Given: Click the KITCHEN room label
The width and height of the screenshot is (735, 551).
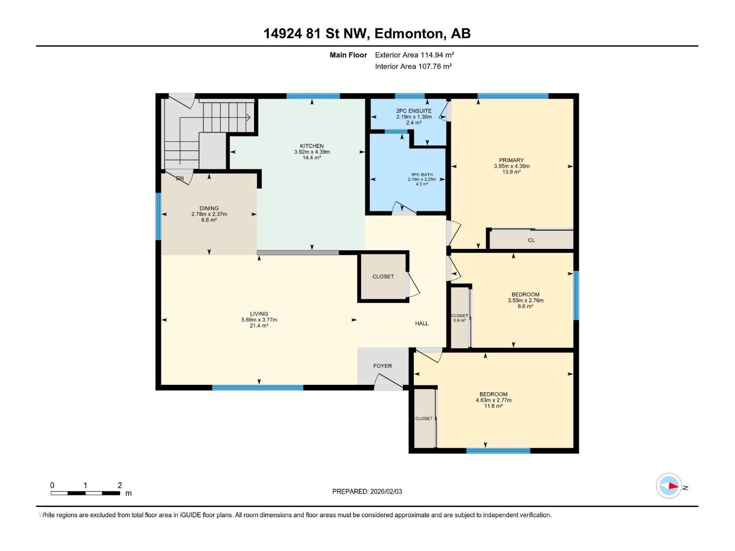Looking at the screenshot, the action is tap(312, 146).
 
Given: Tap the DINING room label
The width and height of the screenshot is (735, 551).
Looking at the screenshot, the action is tap(209, 208).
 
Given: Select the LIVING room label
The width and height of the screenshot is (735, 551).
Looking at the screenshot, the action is tap(259, 314).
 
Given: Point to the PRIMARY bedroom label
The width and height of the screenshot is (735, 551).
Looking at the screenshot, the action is tap(511, 160).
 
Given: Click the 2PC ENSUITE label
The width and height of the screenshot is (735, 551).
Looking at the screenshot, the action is tap(414, 111).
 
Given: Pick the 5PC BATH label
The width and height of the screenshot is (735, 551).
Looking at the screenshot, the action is tap(422, 174).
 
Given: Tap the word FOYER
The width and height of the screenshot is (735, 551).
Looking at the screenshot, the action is tap(382, 366).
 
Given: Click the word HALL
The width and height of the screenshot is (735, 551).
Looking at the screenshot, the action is tap(422, 323).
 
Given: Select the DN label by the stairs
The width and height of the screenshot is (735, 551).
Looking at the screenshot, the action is tap(180, 178).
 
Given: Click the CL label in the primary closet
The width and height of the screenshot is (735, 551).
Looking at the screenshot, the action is tap(531, 240).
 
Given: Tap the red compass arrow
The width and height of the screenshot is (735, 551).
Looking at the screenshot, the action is tap(673, 486).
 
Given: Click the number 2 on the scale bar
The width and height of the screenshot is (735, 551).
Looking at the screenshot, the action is tap(120, 485).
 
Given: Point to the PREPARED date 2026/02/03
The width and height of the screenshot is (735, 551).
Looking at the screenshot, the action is tap(386, 491).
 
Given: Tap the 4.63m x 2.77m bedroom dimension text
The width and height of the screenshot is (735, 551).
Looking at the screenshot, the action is tap(493, 400).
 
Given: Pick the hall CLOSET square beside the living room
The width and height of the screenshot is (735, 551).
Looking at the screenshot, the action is tap(383, 277).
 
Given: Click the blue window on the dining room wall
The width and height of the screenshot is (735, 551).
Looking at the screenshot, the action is tap(158, 216).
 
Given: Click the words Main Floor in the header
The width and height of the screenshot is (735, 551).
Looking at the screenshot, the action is tap(348, 55).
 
